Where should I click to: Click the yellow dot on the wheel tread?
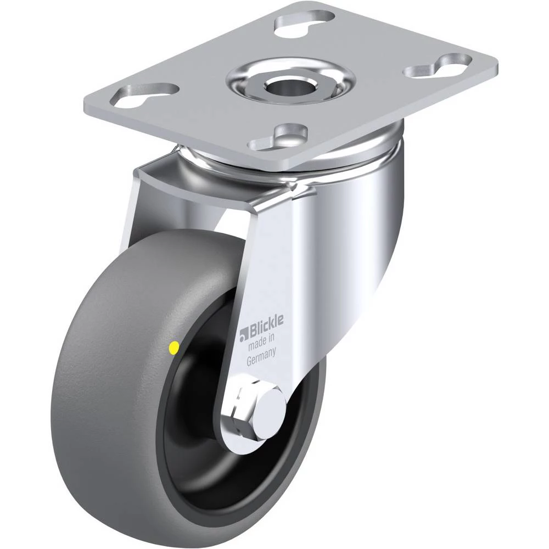pyautogui.click(x=173, y=348)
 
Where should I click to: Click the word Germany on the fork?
pyautogui.click(x=261, y=357)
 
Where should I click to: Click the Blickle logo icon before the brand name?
pyautogui.click(x=244, y=335)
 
